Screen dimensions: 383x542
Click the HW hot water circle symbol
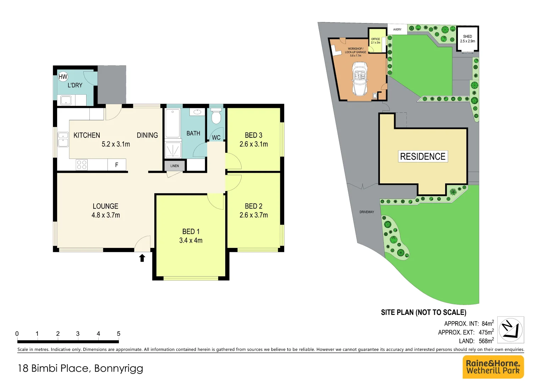[63, 77]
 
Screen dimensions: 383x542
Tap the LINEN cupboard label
[175, 166]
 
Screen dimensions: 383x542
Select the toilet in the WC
[216, 116]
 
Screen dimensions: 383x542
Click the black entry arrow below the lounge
[142, 258]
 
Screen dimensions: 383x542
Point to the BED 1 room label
[191, 232]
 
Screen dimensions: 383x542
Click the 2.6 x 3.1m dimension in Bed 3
[254, 144]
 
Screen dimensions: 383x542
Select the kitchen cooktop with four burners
[82, 165]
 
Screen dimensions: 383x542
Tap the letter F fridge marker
[117, 165]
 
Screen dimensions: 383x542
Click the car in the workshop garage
[360, 79]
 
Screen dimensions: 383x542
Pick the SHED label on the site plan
[468, 37]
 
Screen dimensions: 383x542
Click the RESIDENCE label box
[423, 156]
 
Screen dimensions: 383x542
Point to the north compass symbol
[510, 330]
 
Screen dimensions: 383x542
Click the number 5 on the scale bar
[118, 334]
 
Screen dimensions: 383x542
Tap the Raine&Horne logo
[493, 367]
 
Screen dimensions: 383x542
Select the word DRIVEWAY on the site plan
[367, 212]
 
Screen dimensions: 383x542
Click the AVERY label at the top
[397, 29]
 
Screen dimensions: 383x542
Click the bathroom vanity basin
[197, 112]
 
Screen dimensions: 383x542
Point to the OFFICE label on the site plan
[376, 39]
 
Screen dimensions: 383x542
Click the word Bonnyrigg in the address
[118, 368]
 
